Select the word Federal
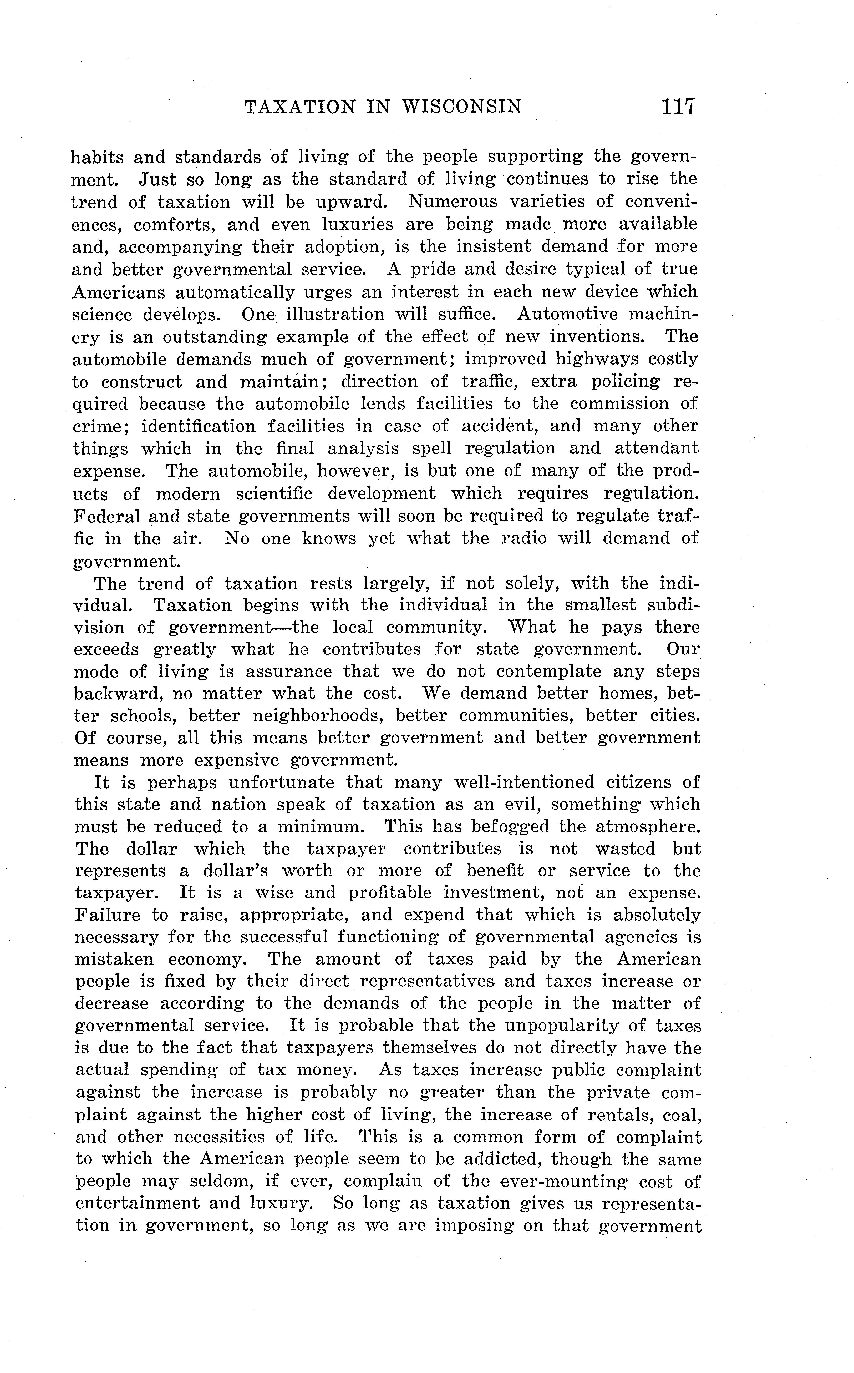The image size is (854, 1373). [x=104, y=516]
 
